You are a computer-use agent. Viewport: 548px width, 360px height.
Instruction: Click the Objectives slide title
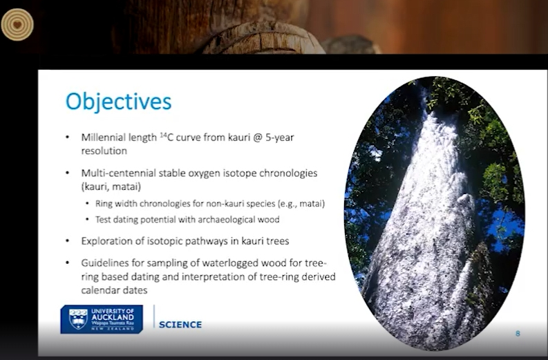[x=118, y=102]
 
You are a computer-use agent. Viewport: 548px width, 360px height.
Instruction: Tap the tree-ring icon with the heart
[x=17, y=24]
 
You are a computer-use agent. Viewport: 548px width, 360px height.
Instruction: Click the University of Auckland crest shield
[x=78, y=319]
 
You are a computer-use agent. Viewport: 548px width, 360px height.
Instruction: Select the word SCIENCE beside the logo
[x=180, y=325]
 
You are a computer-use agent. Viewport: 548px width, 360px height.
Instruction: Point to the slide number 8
[x=518, y=334]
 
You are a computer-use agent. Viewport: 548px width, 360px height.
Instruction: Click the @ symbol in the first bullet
[x=257, y=138]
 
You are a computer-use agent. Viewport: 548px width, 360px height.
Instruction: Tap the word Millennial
[x=100, y=138]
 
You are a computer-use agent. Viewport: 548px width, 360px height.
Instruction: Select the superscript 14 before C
[x=163, y=135]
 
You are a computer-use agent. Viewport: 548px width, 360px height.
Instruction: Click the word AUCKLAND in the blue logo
[x=113, y=317]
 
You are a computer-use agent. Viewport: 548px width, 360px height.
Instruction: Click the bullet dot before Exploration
[x=68, y=241]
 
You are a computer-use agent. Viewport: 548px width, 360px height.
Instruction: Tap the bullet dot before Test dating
[x=87, y=220]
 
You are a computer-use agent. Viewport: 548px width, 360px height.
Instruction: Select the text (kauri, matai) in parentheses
[x=111, y=187]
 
